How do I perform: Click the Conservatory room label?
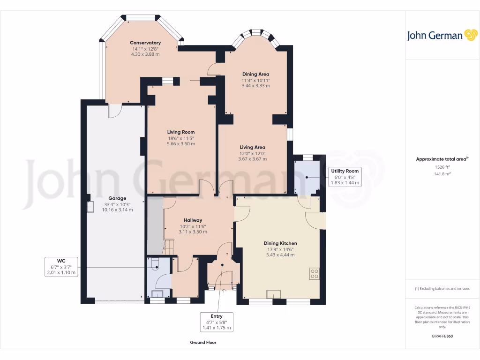point(145,43)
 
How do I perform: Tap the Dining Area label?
point(255,74)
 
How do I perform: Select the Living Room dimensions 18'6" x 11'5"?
point(180,138)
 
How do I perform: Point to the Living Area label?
point(252,147)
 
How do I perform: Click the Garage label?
point(117,198)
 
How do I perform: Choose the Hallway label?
point(193,220)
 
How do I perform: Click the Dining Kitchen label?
point(280,243)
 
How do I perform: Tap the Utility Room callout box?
point(345,177)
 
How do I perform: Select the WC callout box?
point(61,267)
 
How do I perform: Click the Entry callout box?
point(217,322)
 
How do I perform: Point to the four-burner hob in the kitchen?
point(315,274)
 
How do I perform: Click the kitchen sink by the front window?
point(273,294)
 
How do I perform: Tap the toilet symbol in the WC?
point(154,264)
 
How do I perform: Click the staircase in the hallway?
point(168,247)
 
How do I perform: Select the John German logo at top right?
point(442,36)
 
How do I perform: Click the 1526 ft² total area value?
point(442,167)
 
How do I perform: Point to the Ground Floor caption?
point(203,342)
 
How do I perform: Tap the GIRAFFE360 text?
point(442,336)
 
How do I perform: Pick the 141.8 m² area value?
point(442,174)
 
